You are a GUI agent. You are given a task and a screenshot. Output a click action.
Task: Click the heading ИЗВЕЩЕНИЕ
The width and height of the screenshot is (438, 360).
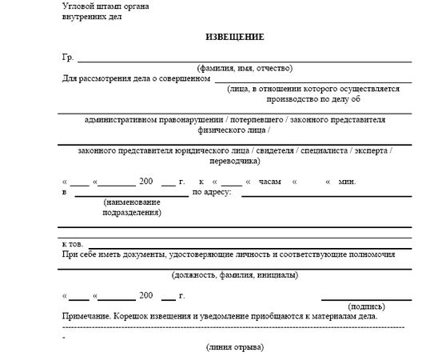pyautogui.click(x=235, y=38)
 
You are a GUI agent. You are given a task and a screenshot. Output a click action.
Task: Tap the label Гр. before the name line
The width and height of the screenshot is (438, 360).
pyautogui.click(x=66, y=58)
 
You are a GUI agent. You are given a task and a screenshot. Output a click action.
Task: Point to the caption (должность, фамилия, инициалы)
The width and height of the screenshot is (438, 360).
pyautogui.click(x=235, y=275)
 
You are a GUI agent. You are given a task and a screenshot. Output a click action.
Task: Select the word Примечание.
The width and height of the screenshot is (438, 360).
pyautogui.click(x=86, y=317)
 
